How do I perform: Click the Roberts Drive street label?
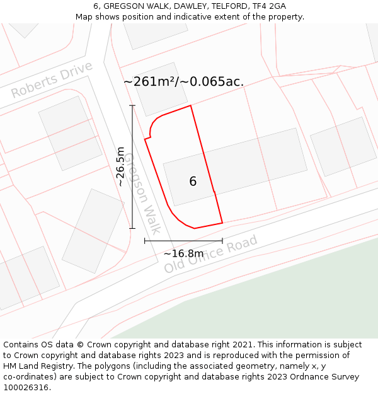pos(52,80)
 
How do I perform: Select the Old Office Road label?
pos(211,254)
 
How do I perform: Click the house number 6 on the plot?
pos(193,182)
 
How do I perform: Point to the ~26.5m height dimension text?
pos(120,166)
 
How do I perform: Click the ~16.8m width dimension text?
pos(183,253)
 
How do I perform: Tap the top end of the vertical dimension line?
pos(132,106)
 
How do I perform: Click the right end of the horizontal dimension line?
pos(222,240)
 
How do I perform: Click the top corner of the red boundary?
pos(190,105)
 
